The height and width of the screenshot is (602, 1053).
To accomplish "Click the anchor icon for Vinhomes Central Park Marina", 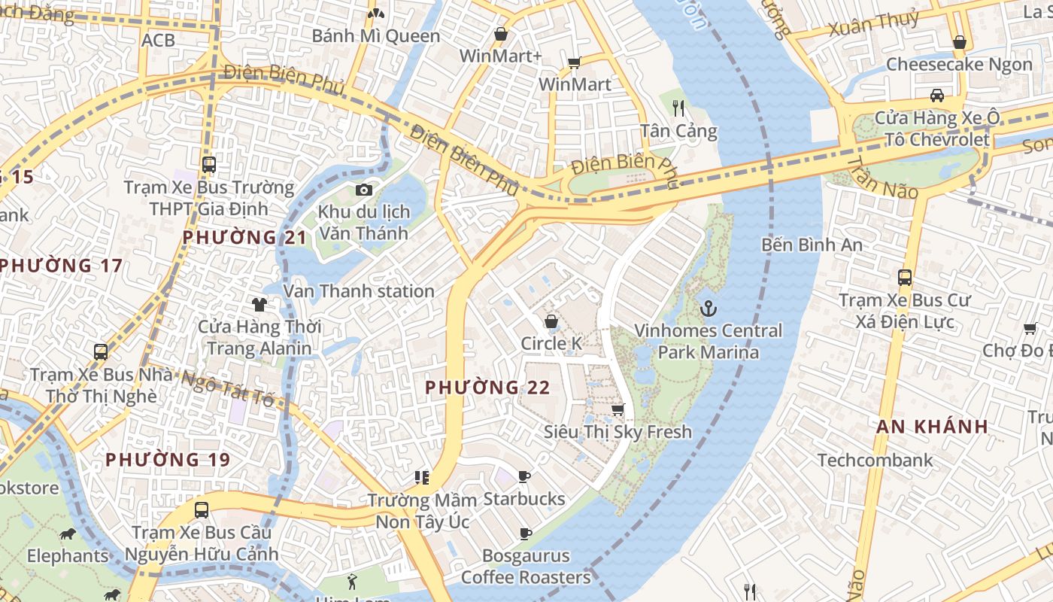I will click(x=708, y=309).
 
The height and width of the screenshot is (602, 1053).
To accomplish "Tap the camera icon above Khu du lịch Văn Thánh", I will click(x=364, y=190).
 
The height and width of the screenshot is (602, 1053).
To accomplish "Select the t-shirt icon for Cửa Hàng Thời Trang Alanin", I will click(x=259, y=304).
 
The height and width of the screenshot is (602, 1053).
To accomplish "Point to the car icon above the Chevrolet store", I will click(x=936, y=96).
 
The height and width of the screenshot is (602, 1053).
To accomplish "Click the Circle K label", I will click(x=551, y=344).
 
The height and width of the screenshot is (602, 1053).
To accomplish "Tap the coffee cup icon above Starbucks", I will click(x=524, y=476).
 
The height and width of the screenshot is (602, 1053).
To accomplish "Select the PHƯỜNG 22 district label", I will click(x=487, y=388).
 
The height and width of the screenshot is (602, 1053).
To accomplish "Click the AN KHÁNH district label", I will click(x=932, y=427).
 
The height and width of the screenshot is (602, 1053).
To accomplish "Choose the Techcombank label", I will click(x=875, y=460).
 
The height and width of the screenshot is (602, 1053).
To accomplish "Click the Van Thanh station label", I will click(x=359, y=291).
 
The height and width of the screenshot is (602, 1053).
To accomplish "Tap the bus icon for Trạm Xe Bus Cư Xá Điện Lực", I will click(x=905, y=277).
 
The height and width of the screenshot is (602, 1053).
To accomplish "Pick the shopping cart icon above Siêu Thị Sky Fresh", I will click(x=618, y=409).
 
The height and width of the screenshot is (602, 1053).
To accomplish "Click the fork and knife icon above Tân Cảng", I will click(x=678, y=108).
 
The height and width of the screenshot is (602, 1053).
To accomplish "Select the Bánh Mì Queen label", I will click(x=376, y=36).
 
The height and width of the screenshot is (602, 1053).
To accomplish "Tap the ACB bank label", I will click(x=158, y=40).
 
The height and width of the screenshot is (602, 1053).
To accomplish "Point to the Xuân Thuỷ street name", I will click(x=873, y=23).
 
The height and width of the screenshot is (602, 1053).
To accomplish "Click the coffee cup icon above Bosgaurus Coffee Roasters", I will click(x=526, y=534).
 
